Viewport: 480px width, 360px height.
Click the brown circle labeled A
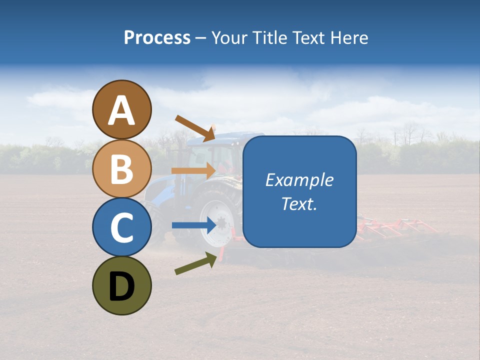[x=121, y=109]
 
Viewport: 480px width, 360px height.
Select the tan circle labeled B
[x=121, y=168]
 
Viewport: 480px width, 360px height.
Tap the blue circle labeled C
[x=121, y=227]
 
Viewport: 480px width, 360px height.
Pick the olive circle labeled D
[x=121, y=285]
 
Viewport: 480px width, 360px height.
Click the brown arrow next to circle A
[x=195, y=127]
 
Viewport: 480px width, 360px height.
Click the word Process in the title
[x=157, y=37]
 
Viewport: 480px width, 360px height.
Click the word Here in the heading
[x=350, y=37]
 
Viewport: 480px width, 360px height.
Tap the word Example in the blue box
[x=299, y=180]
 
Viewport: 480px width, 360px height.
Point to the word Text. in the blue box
[x=299, y=203]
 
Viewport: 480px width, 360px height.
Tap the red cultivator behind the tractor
[x=395, y=227]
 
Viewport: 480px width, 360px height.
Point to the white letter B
[x=121, y=169]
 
